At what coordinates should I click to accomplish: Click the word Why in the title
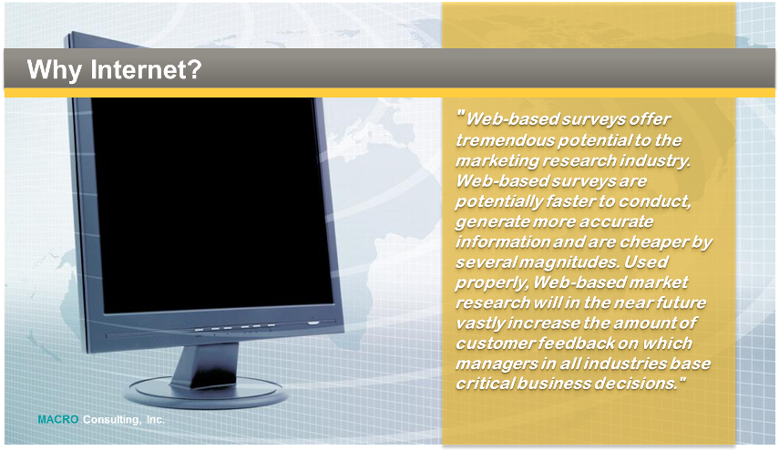[54, 70]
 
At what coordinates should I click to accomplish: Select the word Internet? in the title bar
[146, 69]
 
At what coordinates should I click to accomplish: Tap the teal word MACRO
[58, 419]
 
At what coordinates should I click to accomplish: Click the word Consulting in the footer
[111, 420]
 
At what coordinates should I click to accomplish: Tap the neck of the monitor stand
[205, 365]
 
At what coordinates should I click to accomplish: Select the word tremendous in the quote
[506, 140]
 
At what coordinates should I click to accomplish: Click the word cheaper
[651, 242]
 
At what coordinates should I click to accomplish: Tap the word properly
[492, 283]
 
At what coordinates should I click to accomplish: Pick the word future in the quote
[681, 303]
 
